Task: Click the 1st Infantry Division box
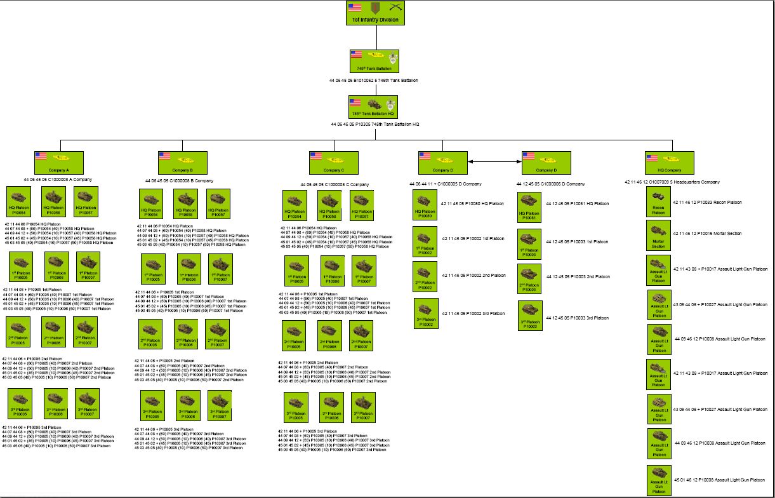click(376, 13)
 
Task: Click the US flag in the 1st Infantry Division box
click(355, 8)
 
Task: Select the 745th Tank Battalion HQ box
click(373, 107)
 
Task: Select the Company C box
click(333, 163)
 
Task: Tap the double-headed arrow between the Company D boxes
click(494, 163)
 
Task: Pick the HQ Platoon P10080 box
click(425, 205)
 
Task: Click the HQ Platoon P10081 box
click(530, 207)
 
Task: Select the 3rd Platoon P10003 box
click(530, 316)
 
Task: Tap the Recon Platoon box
click(658, 203)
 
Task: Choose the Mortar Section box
click(658, 234)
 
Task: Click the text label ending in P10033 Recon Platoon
click(707, 203)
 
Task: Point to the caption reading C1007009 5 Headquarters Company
click(672, 182)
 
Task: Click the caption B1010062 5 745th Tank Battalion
click(373, 81)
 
